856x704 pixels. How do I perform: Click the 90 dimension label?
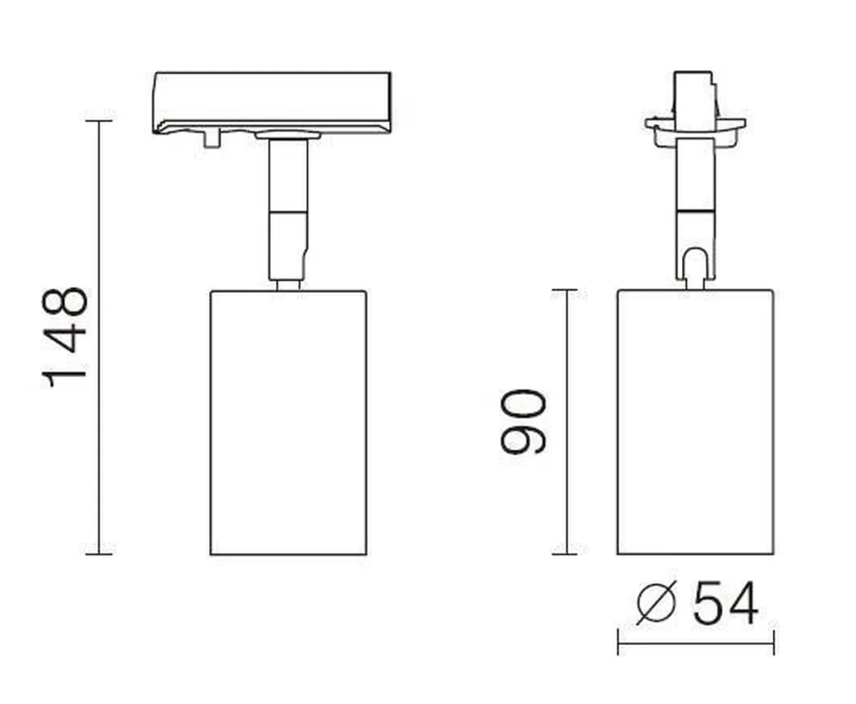[523, 422]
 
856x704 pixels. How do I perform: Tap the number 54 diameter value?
[725, 603]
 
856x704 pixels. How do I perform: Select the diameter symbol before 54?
[656, 603]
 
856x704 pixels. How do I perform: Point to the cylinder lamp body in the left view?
[288, 422]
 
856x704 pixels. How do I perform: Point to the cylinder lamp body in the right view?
[695, 422]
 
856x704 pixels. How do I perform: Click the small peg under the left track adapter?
[210, 140]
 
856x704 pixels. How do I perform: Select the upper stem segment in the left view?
[288, 175]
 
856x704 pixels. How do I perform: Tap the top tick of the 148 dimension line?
[98, 121]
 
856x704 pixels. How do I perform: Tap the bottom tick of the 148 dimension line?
[98, 553]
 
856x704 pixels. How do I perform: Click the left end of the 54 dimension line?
[618, 643]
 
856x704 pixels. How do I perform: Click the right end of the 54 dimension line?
[773, 643]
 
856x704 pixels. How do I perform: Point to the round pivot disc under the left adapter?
[288, 134]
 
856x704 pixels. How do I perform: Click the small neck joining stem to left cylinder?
[288, 285]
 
